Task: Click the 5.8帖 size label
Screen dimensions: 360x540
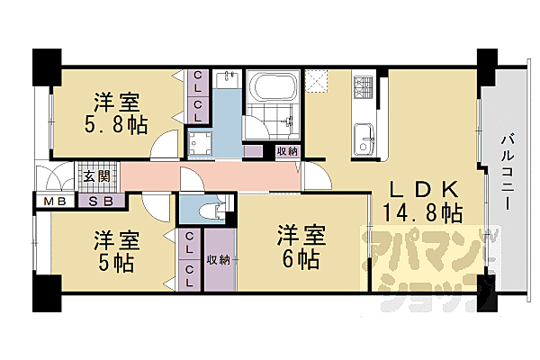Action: (x=117, y=121)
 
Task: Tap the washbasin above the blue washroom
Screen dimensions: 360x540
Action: (x=228, y=84)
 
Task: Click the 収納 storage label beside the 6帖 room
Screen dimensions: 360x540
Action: (x=218, y=260)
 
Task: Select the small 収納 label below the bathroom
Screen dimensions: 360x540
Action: (x=287, y=151)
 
